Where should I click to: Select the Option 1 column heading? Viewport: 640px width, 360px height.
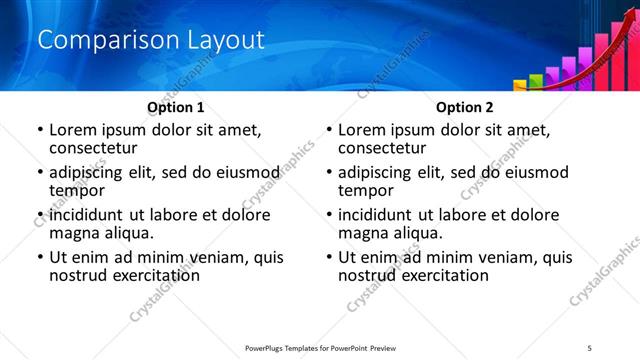tap(176, 107)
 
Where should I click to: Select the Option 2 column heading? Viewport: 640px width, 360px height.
tap(465, 107)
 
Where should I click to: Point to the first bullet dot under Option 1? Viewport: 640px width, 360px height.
tap(40, 130)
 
